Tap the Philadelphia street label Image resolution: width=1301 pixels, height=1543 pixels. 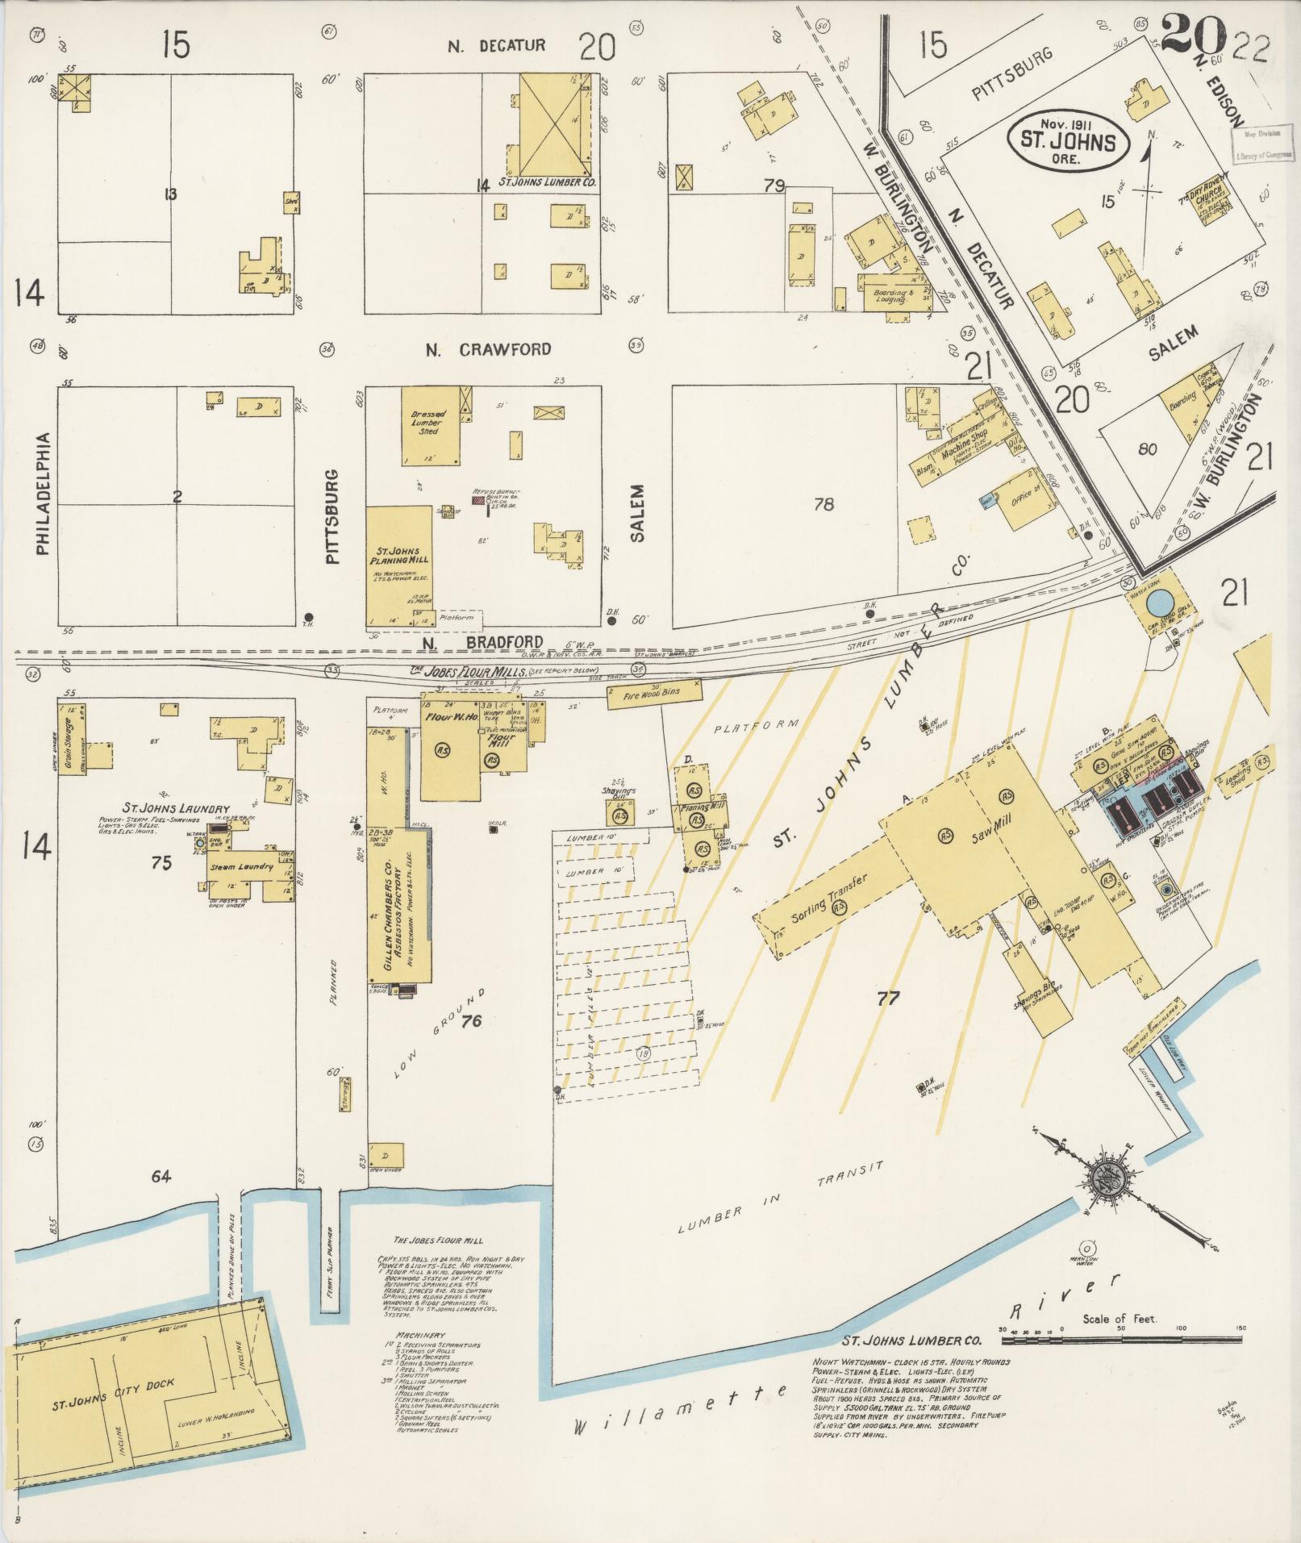click(x=44, y=494)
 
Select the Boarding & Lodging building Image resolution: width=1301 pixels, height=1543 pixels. click(x=889, y=296)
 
